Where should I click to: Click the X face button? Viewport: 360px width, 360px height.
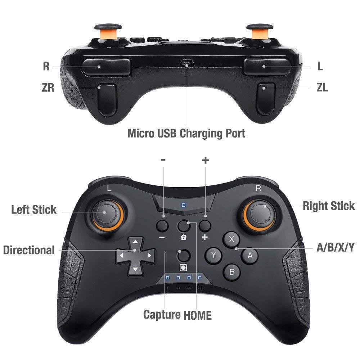[232, 238]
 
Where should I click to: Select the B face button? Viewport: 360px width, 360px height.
[232, 272]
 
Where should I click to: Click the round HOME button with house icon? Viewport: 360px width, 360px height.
[184, 226]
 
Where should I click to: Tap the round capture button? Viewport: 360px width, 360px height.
[184, 255]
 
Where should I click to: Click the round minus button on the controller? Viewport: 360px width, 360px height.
[163, 226]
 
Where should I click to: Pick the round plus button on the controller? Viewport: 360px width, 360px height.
[205, 226]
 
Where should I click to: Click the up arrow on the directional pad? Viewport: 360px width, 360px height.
[135, 242]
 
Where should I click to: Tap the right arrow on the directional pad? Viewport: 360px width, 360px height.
[149, 255]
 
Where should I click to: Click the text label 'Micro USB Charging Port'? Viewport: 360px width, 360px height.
[186, 133]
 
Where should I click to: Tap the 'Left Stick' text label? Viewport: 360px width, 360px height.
[34, 210]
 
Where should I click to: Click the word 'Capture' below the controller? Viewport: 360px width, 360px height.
[162, 314]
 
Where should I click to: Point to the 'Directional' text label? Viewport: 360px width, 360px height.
[29, 250]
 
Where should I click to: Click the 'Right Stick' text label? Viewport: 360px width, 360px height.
[328, 206]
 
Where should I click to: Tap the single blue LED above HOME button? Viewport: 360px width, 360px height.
[184, 206]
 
